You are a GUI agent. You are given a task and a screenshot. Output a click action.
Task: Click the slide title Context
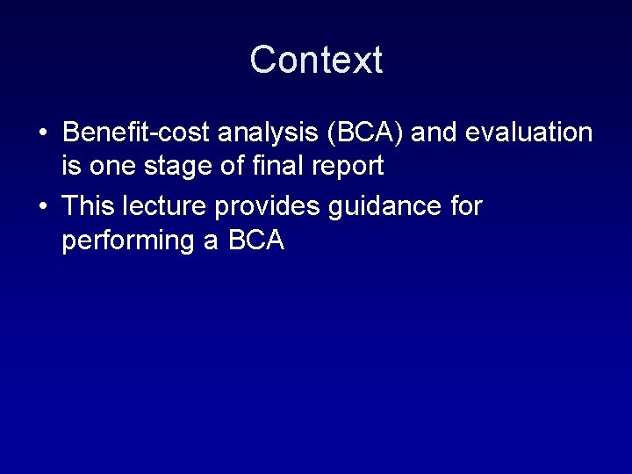[316, 60]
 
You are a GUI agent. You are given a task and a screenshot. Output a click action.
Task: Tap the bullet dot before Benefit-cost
[42, 133]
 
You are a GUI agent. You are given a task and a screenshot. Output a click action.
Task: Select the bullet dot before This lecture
[42, 207]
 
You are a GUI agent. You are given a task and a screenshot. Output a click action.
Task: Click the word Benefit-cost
[135, 133]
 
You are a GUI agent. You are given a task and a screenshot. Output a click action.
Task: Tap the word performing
[129, 239]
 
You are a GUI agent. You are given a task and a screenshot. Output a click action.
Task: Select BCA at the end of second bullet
[256, 239]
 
